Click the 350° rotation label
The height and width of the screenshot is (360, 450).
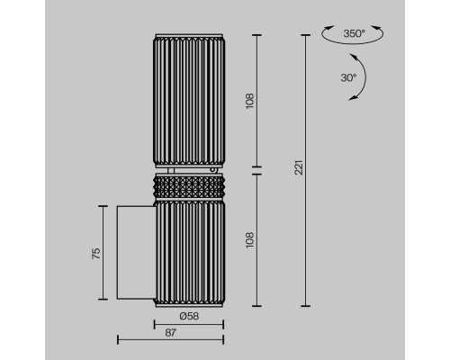click(x=354, y=33)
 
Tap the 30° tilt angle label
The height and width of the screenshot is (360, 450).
click(x=348, y=78)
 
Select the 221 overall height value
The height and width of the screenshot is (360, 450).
click(x=299, y=167)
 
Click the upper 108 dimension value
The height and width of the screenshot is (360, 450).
click(x=250, y=101)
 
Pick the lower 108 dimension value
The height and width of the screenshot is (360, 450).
click(x=250, y=240)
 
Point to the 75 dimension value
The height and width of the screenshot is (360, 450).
click(x=96, y=254)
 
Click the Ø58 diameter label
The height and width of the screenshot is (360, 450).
click(x=189, y=316)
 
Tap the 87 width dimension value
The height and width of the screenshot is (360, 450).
click(x=170, y=332)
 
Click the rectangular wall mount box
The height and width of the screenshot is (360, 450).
click(x=136, y=253)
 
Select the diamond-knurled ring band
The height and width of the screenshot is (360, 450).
click(x=189, y=187)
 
